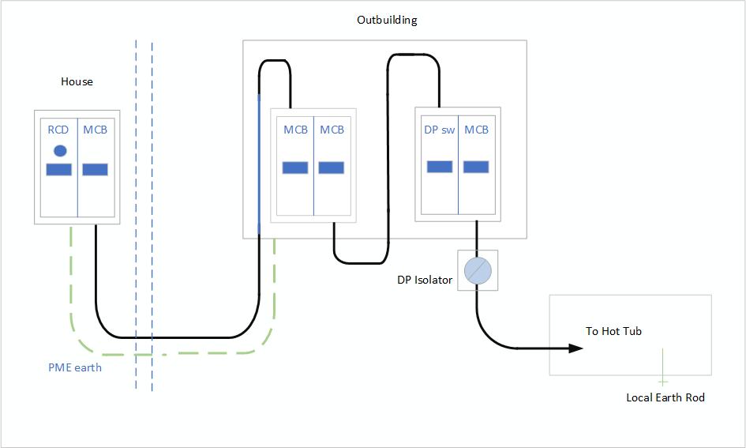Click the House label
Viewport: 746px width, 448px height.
[77, 81]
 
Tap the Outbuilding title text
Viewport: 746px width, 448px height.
[387, 20]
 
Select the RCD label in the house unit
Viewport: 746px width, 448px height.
[58, 130]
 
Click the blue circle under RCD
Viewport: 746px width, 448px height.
[59, 150]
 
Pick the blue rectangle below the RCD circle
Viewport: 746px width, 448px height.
[59, 169]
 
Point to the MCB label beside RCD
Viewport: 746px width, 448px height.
[95, 130]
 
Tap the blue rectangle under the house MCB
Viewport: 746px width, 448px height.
[95, 169]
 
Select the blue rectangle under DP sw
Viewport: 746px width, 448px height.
[440, 167]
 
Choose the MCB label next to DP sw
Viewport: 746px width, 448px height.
[476, 130]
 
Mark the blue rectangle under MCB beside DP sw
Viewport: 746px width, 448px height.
[475, 167]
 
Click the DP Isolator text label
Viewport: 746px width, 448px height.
[425, 280]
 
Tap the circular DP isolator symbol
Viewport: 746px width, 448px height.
[478, 270]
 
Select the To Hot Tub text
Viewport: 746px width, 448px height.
[613, 331]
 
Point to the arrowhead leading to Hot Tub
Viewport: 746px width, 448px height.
[573, 348]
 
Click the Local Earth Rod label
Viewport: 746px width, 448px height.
[665, 397]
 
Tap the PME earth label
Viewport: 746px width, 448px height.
[75, 367]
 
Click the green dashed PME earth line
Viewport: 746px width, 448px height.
[71, 300]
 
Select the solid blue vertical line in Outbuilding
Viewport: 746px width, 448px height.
[258, 158]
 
